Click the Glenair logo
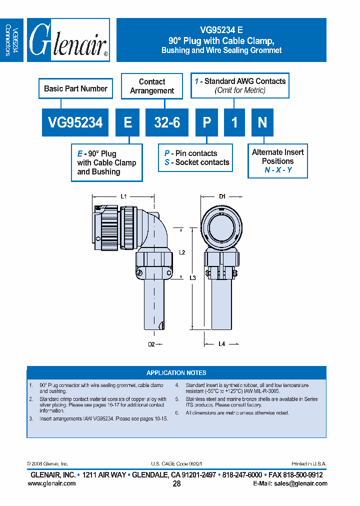click(x=68, y=40)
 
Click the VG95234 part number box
click(x=75, y=122)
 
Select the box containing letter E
click(x=127, y=122)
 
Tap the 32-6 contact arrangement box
click(x=167, y=122)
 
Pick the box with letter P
click(x=206, y=122)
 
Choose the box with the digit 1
click(x=234, y=122)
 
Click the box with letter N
click(x=262, y=122)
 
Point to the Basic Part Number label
click(x=75, y=89)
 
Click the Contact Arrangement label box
click(x=152, y=86)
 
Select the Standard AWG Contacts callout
click(x=240, y=85)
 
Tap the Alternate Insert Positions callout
click(x=278, y=160)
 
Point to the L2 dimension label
click(x=182, y=253)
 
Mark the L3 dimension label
click(x=193, y=277)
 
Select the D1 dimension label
click(x=223, y=196)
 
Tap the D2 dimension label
click(x=151, y=344)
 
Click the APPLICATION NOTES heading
click(x=176, y=373)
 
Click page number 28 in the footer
click(x=176, y=483)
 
